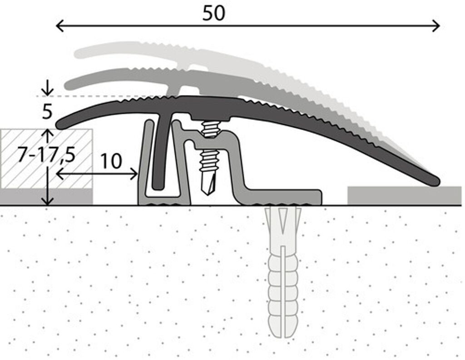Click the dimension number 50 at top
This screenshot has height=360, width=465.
click(x=213, y=13)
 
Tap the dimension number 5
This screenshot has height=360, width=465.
click(x=47, y=112)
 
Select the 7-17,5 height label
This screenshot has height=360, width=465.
click(x=46, y=155)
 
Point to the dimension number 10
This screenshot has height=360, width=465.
click(x=111, y=161)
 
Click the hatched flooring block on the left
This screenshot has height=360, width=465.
click(x=47, y=159)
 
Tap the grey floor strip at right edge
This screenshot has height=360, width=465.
click(x=404, y=195)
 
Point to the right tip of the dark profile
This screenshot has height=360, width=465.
click(x=435, y=181)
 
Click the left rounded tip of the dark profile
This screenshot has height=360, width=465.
click(x=61, y=124)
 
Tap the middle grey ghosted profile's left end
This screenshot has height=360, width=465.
click(x=69, y=85)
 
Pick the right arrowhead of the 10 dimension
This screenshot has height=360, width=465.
click(x=134, y=174)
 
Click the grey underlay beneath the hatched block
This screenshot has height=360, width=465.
click(x=47, y=196)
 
